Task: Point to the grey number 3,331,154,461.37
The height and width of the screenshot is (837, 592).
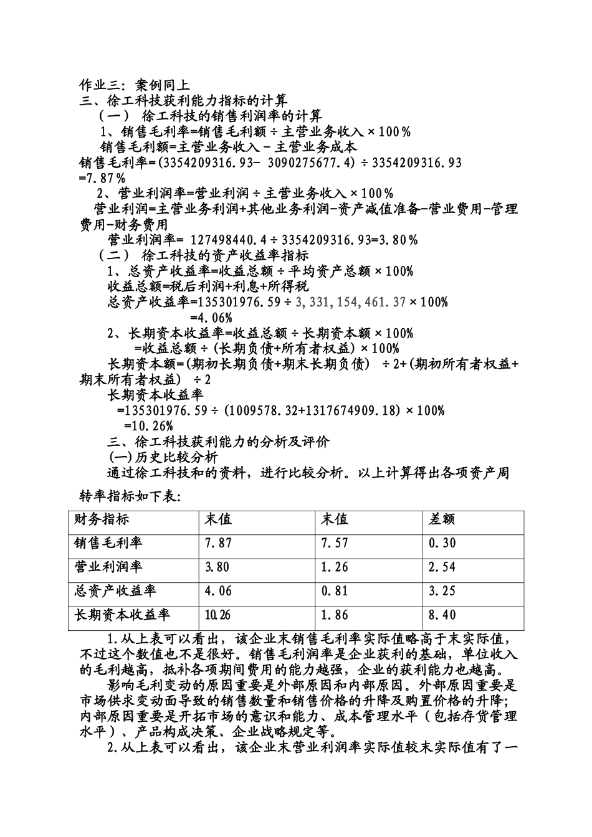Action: tap(351, 302)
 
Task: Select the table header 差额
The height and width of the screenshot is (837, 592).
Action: tap(442, 519)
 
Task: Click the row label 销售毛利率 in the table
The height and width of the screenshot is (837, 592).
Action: tap(108, 543)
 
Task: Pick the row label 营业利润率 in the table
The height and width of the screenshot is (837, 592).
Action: tap(108, 567)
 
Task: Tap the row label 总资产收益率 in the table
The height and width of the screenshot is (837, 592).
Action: tap(115, 591)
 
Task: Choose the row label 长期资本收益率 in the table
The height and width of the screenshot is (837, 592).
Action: tap(122, 615)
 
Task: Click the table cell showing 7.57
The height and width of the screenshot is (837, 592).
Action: tap(334, 543)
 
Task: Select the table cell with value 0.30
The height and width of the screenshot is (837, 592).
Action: tap(442, 543)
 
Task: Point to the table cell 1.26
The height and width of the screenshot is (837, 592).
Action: tap(334, 567)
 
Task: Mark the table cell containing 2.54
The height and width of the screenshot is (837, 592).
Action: tap(442, 567)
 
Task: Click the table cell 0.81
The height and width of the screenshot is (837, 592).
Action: tap(334, 591)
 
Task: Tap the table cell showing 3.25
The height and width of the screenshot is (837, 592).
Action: tap(442, 591)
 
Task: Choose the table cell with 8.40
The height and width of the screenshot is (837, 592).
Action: tap(442, 615)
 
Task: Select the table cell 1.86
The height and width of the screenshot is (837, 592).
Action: tap(334, 615)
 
